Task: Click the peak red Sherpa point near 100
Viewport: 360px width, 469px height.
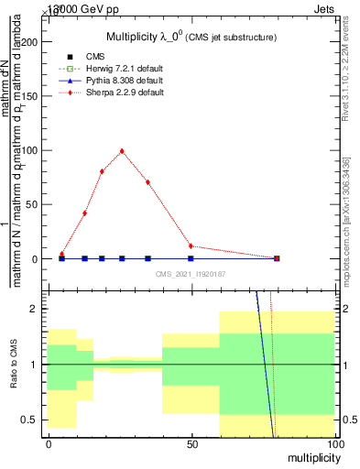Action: (122, 151)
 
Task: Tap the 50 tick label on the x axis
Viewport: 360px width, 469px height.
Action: (191, 444)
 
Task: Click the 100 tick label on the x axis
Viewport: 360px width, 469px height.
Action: (334, 444)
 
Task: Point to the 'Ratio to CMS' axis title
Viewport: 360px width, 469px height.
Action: (13, 365)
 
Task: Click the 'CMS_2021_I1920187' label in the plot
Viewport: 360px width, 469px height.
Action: (191, 274)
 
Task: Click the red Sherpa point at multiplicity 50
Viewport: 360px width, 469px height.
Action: (191, 245)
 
